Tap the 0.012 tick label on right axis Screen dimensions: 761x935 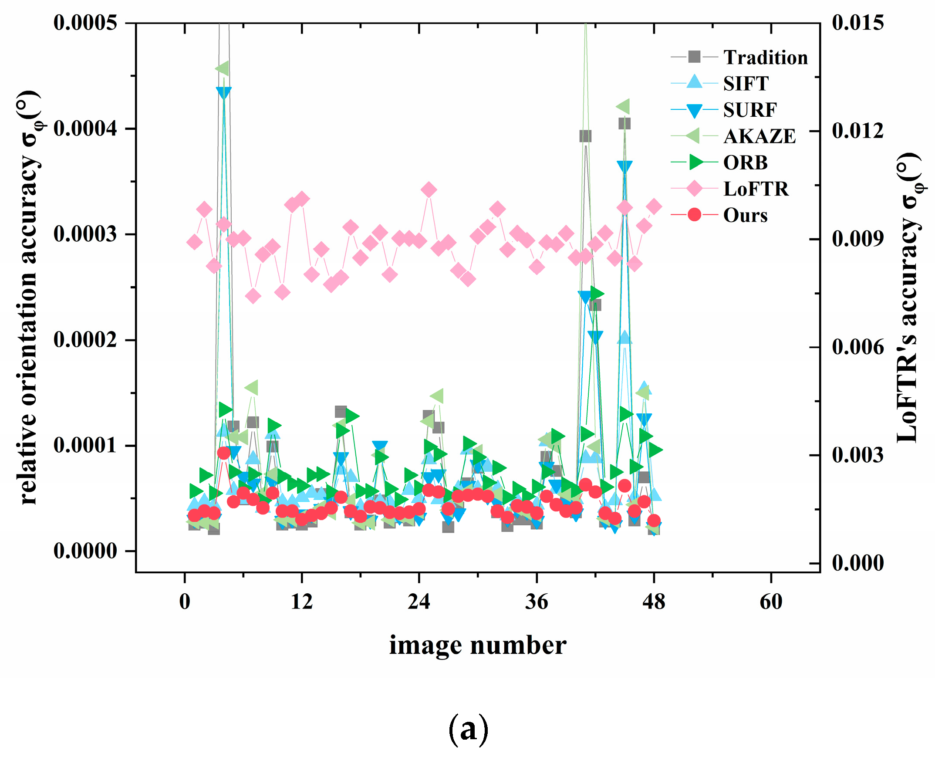pos(858,131)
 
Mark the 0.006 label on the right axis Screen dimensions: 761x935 pos(858,347)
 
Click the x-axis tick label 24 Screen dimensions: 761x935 pos(419,602)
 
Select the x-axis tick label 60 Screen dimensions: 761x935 pos(771,602)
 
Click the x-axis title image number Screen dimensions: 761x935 pos(478,645)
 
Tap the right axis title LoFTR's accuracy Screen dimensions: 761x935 pos(908,298)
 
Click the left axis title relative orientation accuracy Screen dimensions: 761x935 pos(29,298)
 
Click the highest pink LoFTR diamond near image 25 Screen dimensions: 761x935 pos(429,190)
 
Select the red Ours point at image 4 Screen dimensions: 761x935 pos(223,453)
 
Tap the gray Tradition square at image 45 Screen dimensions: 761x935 pos(624,124)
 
